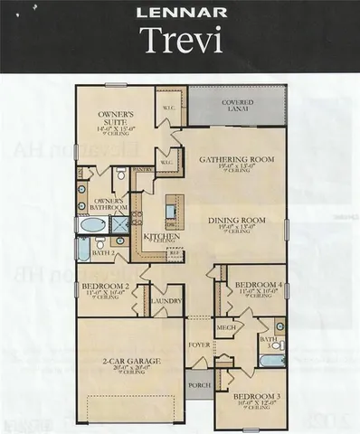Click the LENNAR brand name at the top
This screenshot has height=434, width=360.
[180, 14]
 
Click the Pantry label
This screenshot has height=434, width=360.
[142, 169]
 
